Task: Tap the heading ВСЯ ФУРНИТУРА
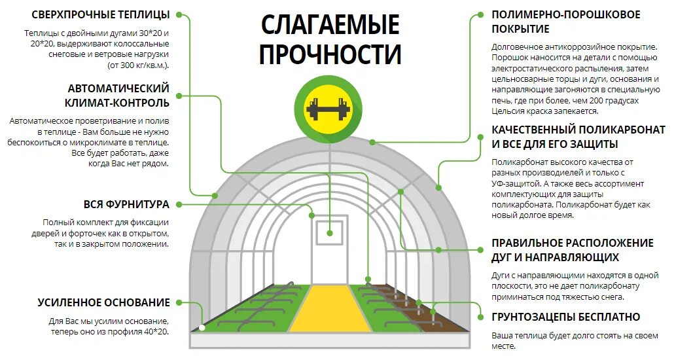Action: click(x=126, y=204)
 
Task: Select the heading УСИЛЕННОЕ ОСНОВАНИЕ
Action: click(x=104, y=302)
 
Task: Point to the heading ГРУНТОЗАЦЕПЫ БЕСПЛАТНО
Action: click(x=566, y=317)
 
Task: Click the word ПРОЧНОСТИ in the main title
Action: click(x=330, y=54)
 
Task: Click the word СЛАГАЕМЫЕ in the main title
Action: click(x=330, y=25)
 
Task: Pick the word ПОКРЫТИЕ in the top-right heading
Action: click(x=520, y=29)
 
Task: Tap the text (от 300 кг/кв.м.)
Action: click(x=137, y=65)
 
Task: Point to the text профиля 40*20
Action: click(x=139, y=332)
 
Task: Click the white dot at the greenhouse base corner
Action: click(x=202, y=328)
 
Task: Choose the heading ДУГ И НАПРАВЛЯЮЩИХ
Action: click(x=555, y=258)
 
